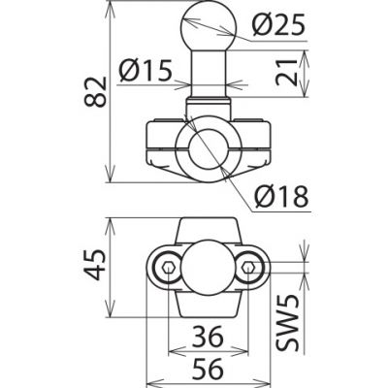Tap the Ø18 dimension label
point(281,197)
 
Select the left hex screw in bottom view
point(168,268)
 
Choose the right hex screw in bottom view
point(249,268)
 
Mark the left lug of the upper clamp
point(160,141)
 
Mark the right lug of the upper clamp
point(254,141)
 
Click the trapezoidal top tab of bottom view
point(207,230)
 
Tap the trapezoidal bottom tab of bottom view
point(207,306)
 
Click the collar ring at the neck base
point(207,104)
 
